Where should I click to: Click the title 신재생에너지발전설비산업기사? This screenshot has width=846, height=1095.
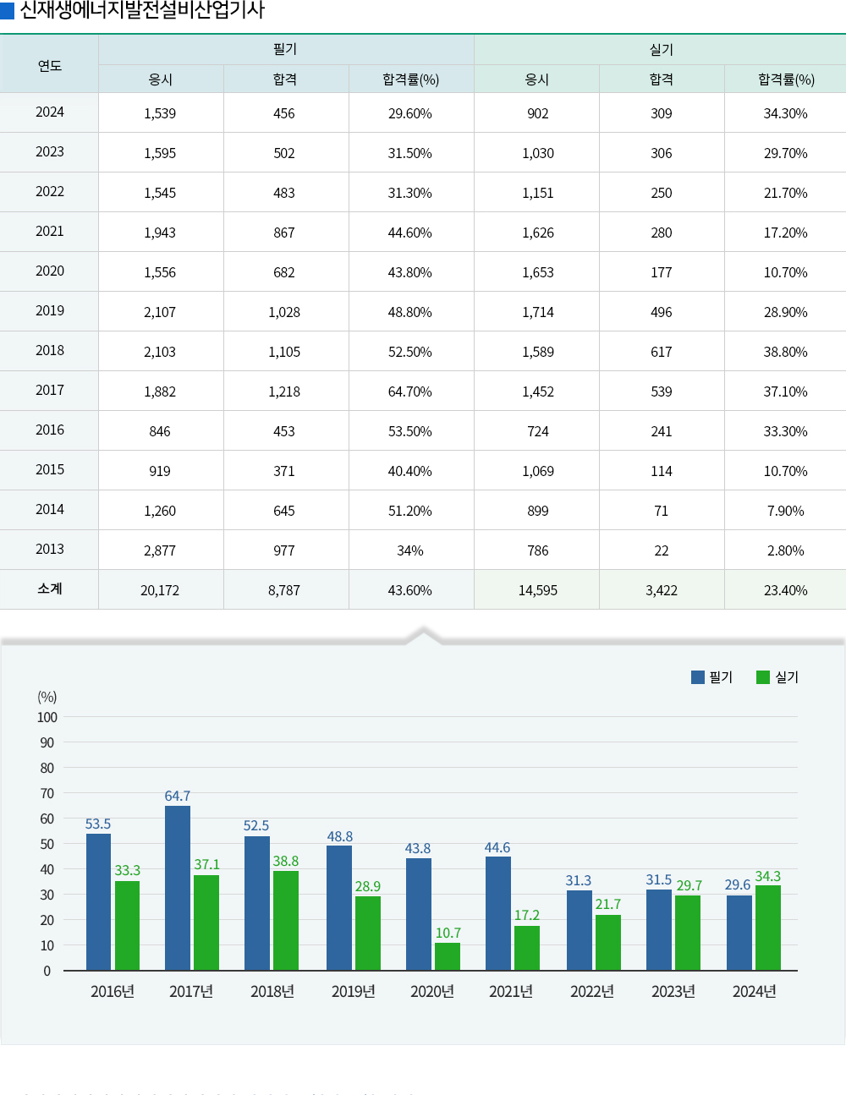click(142, 11)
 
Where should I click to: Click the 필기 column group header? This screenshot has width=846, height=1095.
click(285, 50)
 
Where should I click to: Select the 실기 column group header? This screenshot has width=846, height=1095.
click(661, 50)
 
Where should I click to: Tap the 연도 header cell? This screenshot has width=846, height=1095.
click(50, 65)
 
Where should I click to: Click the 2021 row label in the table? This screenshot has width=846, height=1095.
click(50, 232)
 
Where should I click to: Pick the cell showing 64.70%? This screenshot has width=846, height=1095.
click(410, 391)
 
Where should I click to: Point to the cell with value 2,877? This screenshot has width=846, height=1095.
click(160, 550)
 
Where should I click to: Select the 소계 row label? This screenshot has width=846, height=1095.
click(50, 589)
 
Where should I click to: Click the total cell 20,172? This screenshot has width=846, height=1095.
click(160, 590)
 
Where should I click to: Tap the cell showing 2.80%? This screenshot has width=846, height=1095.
click(785, 550)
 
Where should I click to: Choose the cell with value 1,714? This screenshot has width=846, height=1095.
click(538, 312)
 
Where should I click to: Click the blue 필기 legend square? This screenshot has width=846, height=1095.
click(698, 677)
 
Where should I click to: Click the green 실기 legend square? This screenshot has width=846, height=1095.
click(763, 677)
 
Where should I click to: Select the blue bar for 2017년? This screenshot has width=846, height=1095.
click(178, 888)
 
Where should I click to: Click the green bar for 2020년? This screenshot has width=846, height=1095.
click(448, 956)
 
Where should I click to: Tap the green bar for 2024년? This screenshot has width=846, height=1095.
click(768, 928)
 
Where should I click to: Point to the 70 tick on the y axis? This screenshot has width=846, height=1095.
click(47, 793)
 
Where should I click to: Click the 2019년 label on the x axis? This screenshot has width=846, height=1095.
click(353, 991)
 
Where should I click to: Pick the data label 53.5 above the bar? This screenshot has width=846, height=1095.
click(98, 824)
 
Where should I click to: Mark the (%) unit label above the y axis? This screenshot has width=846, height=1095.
click(47, 697)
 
